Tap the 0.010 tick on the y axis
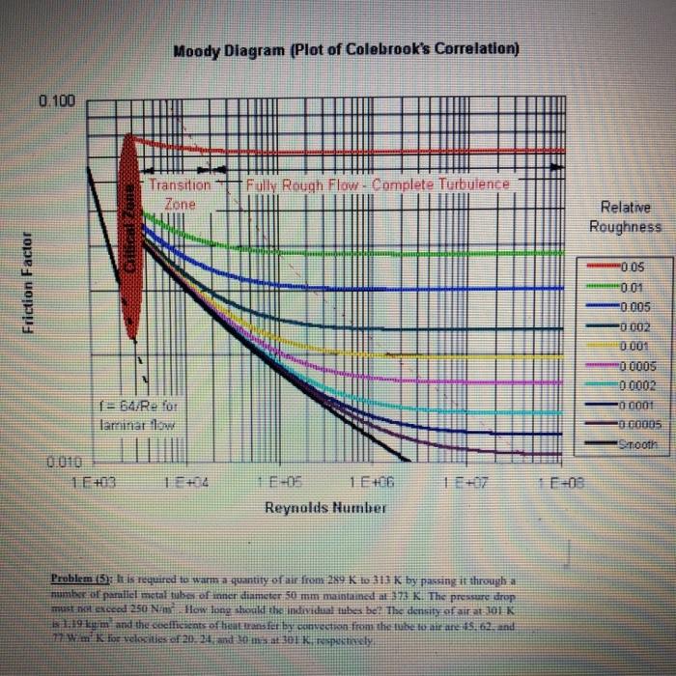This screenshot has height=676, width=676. (60, 463)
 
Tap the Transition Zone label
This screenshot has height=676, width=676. (179, 193)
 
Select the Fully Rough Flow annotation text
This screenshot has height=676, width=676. (377, 183)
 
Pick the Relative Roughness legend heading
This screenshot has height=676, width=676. (627, 216)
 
